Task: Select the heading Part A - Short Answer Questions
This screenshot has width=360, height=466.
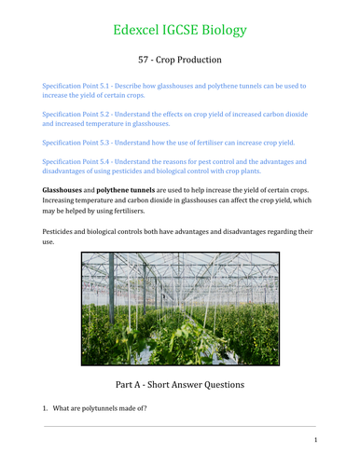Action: click(x=180, y=382)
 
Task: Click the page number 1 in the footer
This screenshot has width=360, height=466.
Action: click(x=316, y=441)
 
